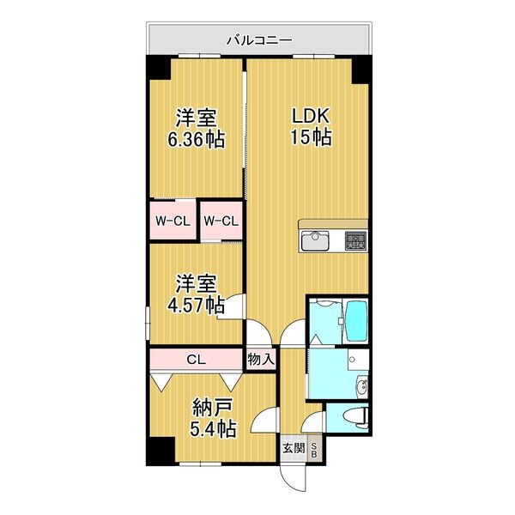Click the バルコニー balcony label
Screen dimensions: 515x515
click(258, 39)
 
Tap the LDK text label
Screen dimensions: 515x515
click(306, 117)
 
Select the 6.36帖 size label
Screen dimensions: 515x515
click(196, 139)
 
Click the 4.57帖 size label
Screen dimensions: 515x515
click(196, 305)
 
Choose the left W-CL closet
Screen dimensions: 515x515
click(172, 221)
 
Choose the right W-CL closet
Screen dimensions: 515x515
click(221, 221)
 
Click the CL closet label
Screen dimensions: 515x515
click(197, 359)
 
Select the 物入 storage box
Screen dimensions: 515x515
click(260, 359)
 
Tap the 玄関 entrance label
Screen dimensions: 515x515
click(294, 447)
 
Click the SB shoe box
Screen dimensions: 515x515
click(315, 450)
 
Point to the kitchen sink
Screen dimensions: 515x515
click(314, 239)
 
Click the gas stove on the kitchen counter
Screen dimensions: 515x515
click(354, 239)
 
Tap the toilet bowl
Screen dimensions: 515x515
click(355, 418)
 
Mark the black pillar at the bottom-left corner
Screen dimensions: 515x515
click(156, 451)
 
